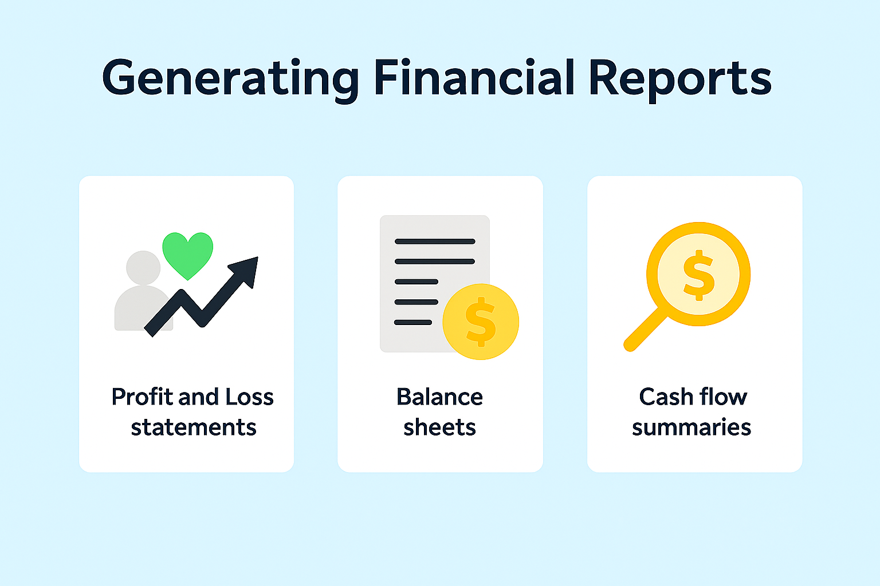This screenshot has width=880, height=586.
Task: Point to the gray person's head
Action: coord(143,268)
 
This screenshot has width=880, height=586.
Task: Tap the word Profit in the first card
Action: coord(143,397)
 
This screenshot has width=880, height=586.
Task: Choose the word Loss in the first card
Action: coord(249,397)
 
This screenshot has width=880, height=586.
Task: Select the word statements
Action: coord(194,427)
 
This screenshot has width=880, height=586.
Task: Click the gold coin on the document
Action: coord(481,322)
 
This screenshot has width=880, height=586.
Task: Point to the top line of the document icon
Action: coord(435,241)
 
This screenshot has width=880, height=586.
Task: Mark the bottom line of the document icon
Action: coord(413,322)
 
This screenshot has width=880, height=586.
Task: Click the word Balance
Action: coord(439,397)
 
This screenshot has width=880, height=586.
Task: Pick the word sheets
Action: coord(439,427)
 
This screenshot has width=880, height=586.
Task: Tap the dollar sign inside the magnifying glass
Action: coord(698,275)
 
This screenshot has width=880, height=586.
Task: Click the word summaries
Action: coord(692,427)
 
